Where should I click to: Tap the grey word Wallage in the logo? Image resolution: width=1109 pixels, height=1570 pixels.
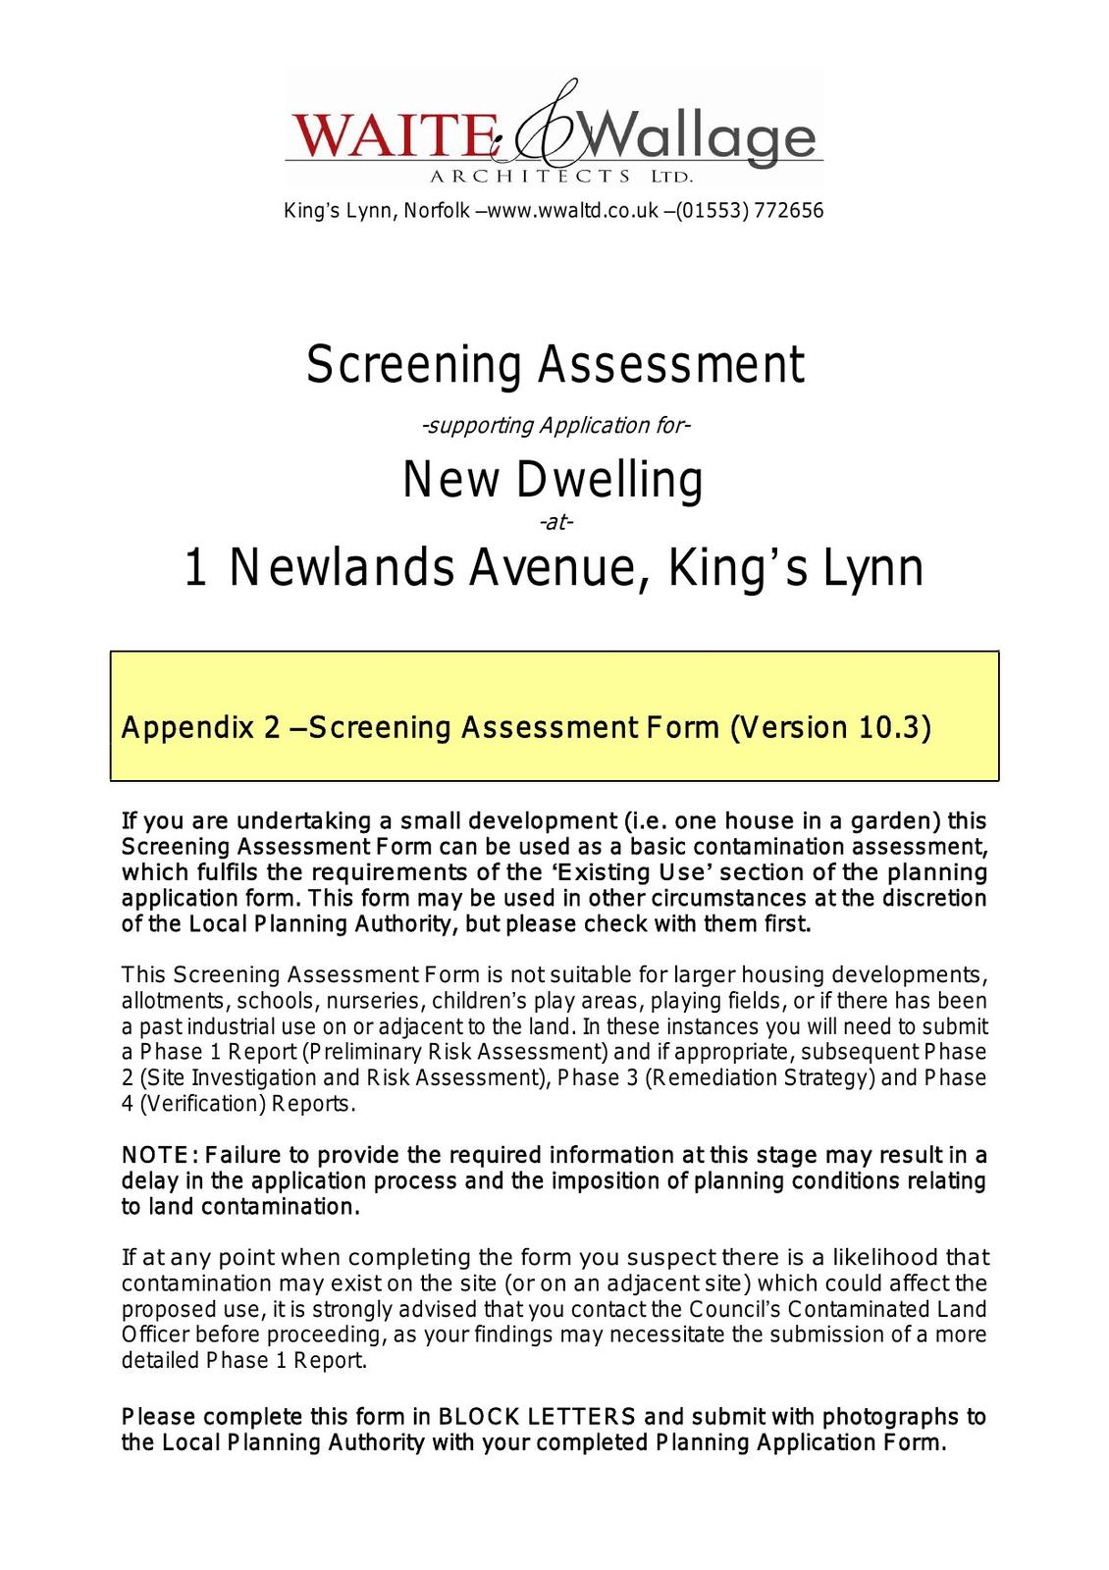(703, 137)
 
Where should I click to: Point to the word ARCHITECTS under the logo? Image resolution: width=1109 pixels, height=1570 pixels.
(530, 177)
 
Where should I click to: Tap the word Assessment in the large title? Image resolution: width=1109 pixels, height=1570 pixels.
(671, 365)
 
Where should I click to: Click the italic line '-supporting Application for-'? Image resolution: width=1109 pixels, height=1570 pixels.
(555, 426)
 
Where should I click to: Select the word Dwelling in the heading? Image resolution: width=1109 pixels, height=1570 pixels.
(609, 481)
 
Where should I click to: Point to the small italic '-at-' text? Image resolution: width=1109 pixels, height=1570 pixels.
(555, 522)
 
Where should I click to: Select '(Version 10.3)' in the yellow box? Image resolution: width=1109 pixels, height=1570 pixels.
(830, 728)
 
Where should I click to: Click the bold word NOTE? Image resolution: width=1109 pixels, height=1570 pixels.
(154, 1155)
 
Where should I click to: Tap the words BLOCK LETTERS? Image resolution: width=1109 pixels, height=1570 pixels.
(537, 1417)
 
